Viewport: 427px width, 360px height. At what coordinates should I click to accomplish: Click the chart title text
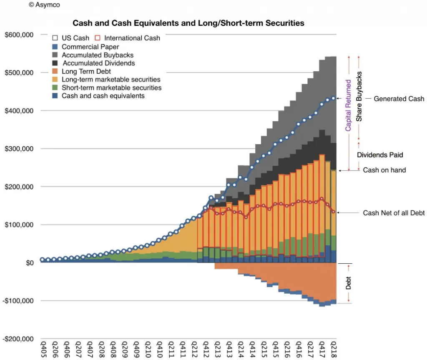click(188, 23)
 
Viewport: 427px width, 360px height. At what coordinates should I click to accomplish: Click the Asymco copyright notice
click(44, 5)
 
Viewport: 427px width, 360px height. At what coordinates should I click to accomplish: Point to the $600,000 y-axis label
click(19, 35)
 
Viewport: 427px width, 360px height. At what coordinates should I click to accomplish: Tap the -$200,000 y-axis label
click(18, 339)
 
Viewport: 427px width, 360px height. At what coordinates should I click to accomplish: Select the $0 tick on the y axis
click(29, 263)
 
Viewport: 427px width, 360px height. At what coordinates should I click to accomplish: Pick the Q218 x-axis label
click(333, 351)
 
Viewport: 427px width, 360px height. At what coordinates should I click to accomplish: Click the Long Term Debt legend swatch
click(55, 71)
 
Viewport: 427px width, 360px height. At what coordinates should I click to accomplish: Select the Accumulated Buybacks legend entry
click(98, 55)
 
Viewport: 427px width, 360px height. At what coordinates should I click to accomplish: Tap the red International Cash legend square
click(98, 38)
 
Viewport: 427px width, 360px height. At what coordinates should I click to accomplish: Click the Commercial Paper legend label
click(90, 47)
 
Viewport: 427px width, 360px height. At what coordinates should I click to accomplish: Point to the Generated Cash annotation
click(399, 99)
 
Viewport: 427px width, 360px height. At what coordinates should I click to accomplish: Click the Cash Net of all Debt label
click(394, 213)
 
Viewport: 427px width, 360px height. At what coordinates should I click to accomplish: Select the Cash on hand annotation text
click(384, 170)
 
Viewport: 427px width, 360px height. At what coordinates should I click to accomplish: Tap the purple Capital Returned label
click(348, 105)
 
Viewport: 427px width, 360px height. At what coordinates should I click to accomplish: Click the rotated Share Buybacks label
click(359, 96)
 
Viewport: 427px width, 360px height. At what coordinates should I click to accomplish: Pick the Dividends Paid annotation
click(379, 155)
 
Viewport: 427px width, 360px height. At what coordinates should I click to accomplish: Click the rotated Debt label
click(349, 283)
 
